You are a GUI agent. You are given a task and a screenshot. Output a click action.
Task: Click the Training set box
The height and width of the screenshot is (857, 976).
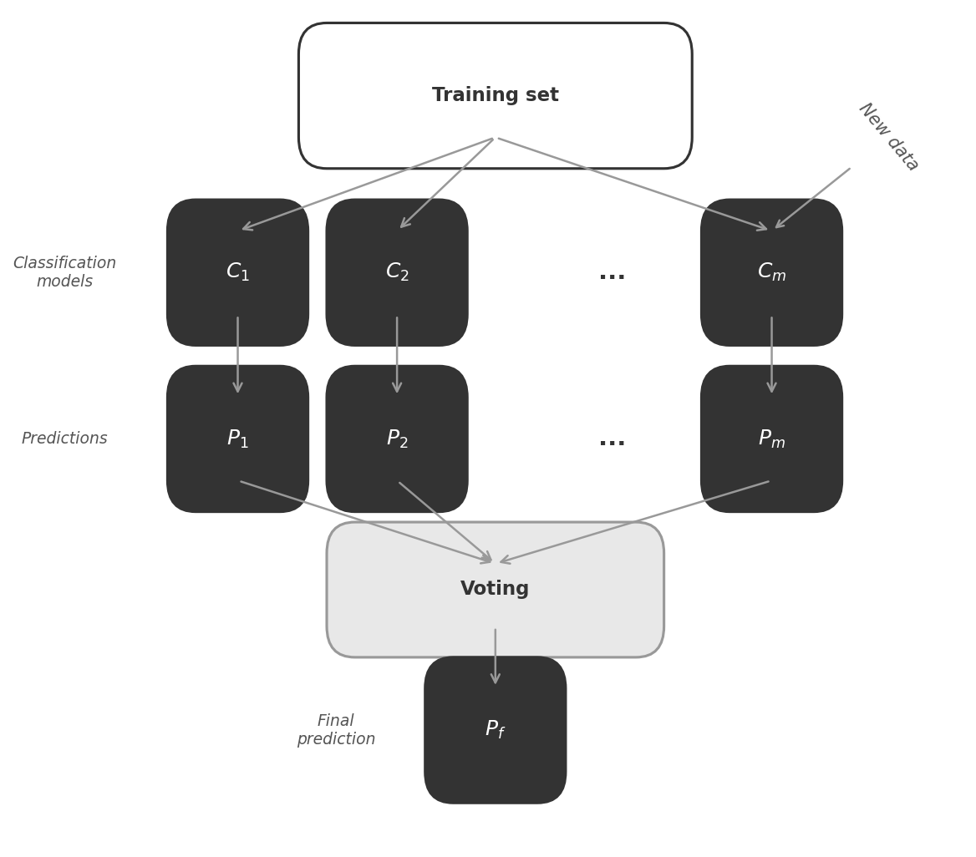click(x=495, y=95)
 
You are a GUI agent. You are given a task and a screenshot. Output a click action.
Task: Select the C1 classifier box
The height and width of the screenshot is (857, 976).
click(x=237, y=272)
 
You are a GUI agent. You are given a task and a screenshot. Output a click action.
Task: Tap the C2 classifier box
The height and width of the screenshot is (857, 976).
click(x=397, y=272)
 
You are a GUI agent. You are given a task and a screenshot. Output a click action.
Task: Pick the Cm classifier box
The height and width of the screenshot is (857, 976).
click(x=771, y=272)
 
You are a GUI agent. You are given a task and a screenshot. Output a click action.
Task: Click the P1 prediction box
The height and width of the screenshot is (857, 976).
click(x=237, y=439)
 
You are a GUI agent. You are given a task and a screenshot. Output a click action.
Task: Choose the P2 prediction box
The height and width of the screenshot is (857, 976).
click(x=397, y=439)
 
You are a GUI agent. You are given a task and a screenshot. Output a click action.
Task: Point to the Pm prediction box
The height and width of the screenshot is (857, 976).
click(x=771, y=439)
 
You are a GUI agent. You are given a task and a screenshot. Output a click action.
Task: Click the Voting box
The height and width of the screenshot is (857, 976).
click(x=495, y=590)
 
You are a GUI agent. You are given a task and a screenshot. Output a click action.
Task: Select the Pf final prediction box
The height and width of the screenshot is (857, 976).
click(x=495, y=730)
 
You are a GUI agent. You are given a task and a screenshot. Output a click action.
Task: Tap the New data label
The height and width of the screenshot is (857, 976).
click(x=887, y=136)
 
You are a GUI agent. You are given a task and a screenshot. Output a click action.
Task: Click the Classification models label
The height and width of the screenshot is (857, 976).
click(x=64, y=272)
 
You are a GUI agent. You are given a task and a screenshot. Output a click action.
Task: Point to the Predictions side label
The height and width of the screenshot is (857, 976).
click(x=64, y=439)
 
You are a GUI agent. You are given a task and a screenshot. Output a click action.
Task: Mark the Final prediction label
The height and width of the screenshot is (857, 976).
click(x=336, y=730)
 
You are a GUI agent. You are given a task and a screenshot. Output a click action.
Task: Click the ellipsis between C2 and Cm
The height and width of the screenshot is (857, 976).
click(x=612, y=275)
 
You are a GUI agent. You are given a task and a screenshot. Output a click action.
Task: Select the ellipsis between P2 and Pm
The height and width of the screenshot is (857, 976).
click(x=612, y=442)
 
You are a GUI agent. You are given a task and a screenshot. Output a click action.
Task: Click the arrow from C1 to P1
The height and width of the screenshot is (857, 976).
click(x=237, y=354)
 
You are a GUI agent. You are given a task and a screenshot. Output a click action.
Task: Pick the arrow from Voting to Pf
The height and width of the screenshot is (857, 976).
click(x=495, y=656)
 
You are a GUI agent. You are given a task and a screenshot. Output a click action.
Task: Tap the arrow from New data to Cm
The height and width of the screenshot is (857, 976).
click(x=812, y=198)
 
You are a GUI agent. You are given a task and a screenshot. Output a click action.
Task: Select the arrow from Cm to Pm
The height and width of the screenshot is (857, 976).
click(x=771, y=354)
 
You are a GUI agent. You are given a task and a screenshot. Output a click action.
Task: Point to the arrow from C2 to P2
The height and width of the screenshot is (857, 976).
click(x=397, y=354)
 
